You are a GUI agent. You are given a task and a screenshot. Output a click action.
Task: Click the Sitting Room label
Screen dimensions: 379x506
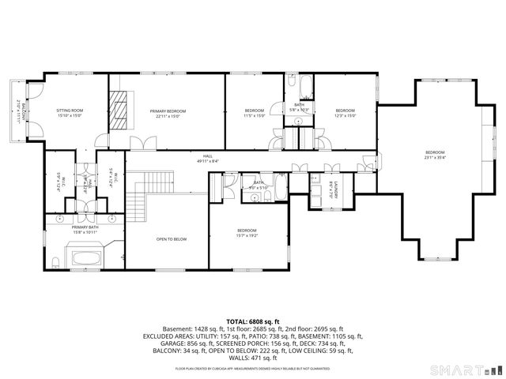[69, 113]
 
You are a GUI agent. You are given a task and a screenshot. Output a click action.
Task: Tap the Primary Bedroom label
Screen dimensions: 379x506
[168, 113]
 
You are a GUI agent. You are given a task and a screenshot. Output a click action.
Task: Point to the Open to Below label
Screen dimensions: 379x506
[171, 238]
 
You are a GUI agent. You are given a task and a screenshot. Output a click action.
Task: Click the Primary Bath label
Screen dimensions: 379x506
[85, 229]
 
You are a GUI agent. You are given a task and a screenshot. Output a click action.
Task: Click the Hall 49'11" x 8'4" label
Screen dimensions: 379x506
[207, 158]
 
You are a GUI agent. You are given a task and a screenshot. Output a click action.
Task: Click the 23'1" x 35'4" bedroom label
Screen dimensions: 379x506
[435, 154]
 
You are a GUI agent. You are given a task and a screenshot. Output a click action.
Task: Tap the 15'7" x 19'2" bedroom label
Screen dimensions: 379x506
[247, 233]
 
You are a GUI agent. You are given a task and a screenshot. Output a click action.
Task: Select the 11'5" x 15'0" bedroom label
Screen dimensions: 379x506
[254, 113]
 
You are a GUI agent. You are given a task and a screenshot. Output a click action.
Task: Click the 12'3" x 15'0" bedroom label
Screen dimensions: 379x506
[346, 113]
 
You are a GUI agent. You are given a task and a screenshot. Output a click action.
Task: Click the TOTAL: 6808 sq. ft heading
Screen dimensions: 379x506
[252, 321]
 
